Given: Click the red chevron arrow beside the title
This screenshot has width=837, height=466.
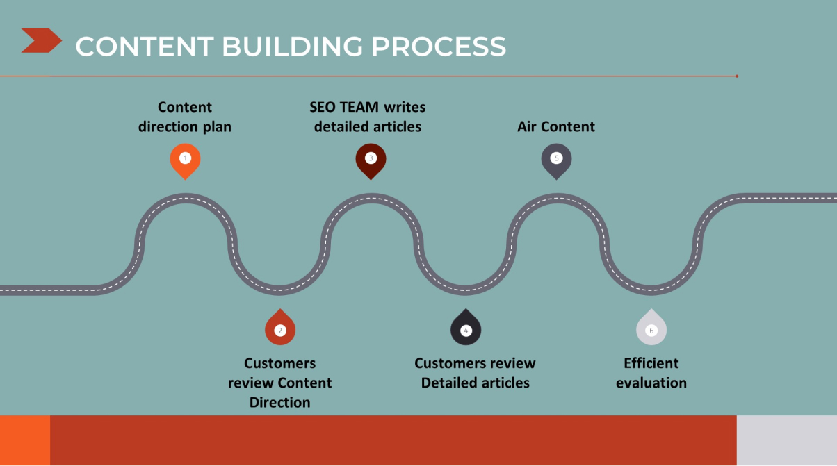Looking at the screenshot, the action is tap(41, 40).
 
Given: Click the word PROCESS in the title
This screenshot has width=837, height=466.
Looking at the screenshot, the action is tap(438, 47).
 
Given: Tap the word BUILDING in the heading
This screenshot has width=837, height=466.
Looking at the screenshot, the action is tap(292, 47).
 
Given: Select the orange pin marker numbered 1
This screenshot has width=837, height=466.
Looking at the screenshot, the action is tap(185, 161).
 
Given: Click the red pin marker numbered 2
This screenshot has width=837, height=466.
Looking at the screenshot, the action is tap(280, 327).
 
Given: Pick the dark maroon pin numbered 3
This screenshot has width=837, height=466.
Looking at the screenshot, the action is tap(371, 161).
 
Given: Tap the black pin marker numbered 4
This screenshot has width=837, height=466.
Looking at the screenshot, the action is tap(466, 327).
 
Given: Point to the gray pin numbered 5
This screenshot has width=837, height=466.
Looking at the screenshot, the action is tap(556, 161).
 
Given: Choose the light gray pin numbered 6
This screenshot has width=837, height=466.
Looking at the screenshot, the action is tap(651, 327).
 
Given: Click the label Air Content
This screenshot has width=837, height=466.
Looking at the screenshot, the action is tap(556, 126).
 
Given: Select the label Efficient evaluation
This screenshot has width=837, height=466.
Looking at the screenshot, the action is tap(651, 373).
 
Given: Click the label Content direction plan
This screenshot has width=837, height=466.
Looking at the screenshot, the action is tap(185, 117).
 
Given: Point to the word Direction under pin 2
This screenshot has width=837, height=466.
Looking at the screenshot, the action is tap(280, 402).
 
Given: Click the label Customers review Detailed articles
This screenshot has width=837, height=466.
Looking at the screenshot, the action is tap(475, 373).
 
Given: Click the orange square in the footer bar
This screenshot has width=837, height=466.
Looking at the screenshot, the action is tap(25, 440).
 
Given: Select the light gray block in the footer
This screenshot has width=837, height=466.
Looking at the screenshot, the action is tap(787, 440).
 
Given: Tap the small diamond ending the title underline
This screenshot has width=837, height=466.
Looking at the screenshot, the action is tap(737, 76).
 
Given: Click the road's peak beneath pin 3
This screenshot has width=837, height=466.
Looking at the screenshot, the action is tap(371, 198).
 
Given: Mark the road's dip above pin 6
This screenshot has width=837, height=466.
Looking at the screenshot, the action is tap(651, 290).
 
